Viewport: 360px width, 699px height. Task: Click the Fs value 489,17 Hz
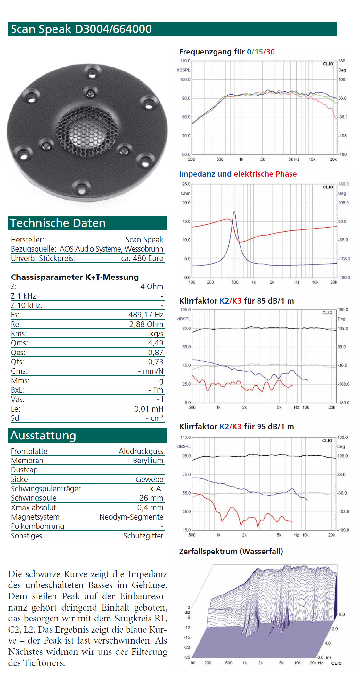tap(146, 315)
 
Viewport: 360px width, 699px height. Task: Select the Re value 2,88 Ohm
tap(146, 324)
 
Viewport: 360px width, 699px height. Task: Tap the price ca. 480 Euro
tap(142, 258)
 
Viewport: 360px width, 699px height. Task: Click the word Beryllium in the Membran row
tap(148, 461)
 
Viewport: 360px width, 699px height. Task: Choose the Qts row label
tap(17, 362)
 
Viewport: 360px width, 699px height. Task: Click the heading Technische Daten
tap(58, 223)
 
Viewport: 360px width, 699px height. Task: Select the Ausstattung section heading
tap(43, 436)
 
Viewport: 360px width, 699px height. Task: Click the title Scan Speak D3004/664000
tap(81, 29)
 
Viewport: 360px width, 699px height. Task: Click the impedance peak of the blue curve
tap(234, 212)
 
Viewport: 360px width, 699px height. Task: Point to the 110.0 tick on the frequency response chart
tap(185, 61)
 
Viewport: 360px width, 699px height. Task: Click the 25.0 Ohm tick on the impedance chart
tap(186, 184)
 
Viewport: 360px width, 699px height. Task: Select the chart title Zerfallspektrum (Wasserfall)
tap(231, 552)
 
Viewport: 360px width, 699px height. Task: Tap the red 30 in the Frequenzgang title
tap(270, 52)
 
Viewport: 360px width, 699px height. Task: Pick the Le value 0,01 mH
tap(148, 409)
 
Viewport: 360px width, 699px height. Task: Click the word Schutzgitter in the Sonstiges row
tap(143, 536)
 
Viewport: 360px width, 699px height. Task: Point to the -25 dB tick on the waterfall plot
tap(187, 657)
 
